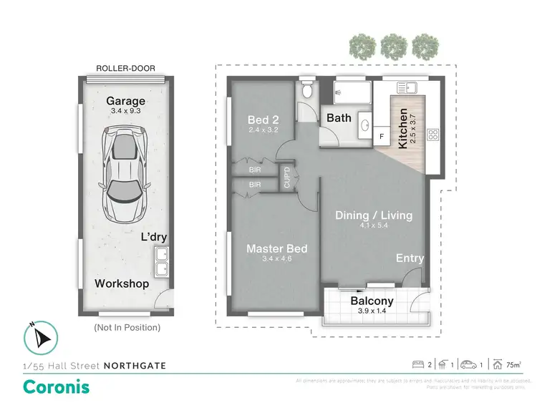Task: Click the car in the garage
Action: [x=125, y=175]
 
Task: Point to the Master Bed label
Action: [x=276, y=249]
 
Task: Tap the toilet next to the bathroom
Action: [x=306, y=91]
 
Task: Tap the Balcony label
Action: [x=372, y=301]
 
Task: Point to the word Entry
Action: [x=410, y=258]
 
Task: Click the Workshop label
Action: [x=122, y=283]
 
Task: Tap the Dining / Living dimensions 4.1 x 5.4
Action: [x=374, y=226]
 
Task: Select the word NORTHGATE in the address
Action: [x=135, y=366]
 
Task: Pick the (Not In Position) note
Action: [x=127, y=327]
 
